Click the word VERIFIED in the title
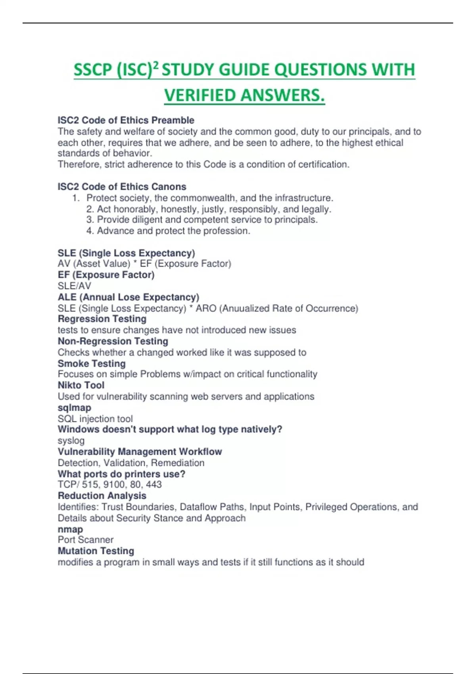point(200,95)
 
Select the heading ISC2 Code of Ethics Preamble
point(126,120)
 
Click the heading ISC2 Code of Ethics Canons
point(122,187)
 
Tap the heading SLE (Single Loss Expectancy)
point(126,253)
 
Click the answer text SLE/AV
point(74,286)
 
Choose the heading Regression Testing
point(102,319)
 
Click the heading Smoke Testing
point(92,364)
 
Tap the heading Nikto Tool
point(81,385)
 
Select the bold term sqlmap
point(74,408)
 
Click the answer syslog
point(71,440)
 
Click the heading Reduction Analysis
point(102,496)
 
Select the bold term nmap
point(70,529)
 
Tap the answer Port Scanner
point(85,540)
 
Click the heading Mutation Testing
point(96,551)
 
